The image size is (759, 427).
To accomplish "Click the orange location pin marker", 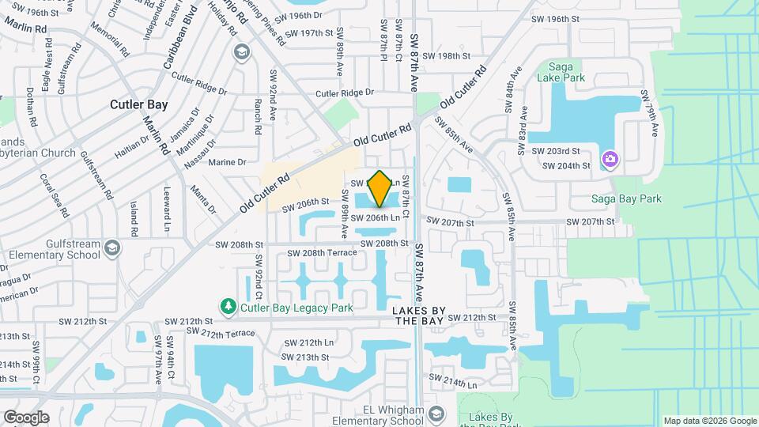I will click(379, 188).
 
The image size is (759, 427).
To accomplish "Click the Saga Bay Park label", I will click(627, 198).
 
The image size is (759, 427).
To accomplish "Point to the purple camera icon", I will click(610, 160).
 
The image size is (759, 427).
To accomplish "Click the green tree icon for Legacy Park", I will click(228, 305).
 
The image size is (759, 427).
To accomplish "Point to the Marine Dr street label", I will click(228, 162).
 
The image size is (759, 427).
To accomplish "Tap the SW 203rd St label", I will click(555, 151).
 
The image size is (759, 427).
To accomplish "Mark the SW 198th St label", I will click(447, 56).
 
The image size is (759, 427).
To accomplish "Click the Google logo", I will click(26, 417).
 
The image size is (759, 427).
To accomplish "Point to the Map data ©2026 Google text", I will click(709, 421).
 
